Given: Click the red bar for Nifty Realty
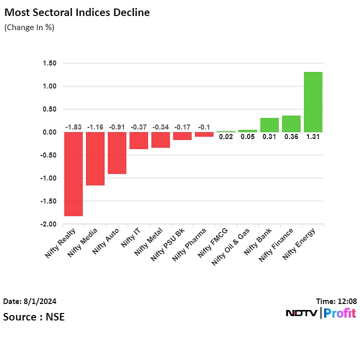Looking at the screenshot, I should click(73, 173).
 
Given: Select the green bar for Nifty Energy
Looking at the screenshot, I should click(313, 102).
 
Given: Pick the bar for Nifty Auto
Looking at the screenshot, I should click(117, 153).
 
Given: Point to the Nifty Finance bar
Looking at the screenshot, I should click(291, 124).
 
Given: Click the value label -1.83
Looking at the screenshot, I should click(73, 127).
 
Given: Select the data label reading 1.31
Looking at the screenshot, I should click(313, 136).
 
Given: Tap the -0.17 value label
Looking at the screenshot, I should click(182, 127).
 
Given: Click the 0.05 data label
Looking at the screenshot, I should click(247, 136).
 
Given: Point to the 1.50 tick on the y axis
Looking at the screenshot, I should click(49, 63).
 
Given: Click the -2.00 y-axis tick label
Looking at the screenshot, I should click(48, 224).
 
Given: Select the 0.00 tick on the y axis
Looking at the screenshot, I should click(49, 132).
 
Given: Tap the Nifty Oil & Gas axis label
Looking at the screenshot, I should click(231, 246).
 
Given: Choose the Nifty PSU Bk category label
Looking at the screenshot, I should click(168, 244).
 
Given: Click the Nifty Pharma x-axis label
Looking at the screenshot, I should click(189, 244).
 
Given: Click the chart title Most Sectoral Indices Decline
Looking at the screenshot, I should click(77, 12).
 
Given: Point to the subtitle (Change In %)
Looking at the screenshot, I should click(29, 27).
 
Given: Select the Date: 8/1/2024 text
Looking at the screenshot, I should click(30, 301).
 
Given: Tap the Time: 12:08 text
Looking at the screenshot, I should click(336, 301).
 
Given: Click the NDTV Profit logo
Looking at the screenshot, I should click(320, 313).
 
